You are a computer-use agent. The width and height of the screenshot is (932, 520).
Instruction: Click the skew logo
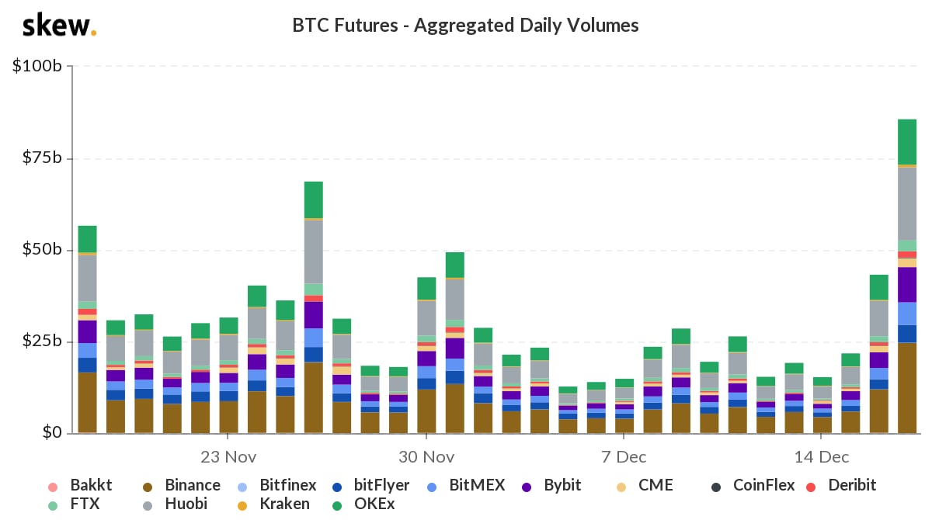tap(59, 26)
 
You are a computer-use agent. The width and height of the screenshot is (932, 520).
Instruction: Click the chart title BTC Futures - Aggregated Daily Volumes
tap(465, 26)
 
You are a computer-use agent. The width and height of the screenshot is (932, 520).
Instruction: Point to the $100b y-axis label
tap(37, 67)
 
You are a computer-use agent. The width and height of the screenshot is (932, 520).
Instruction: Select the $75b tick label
tap(41, 158)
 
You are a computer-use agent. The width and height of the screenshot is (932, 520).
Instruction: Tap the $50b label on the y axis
tap(41, 250)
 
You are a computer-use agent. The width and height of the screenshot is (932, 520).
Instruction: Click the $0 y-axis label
tap(50, 433)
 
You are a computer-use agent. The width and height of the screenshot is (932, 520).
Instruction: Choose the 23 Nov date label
tap(228, 456)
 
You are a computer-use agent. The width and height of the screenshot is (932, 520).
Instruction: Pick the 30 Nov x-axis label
tap(426, 456)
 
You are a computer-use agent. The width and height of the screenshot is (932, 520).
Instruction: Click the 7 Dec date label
tap(624, 456)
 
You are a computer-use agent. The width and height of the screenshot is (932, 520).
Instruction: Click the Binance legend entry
tap(192, 486)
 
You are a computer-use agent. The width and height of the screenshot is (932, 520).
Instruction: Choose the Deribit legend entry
tap(851, 486)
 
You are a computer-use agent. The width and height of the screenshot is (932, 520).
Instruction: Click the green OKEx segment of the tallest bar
tap(907, 142)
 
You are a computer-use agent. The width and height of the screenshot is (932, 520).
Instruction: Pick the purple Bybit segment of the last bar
tap(907, 284)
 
